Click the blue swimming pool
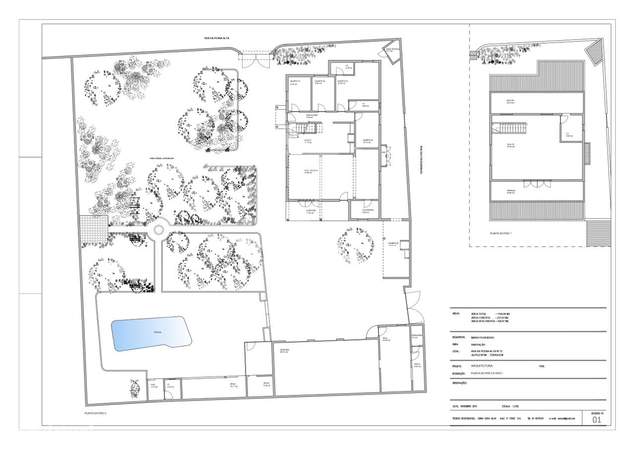pyautogui.click(x=151, y=333)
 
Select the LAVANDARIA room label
pyautogui.click(x=364, y=210)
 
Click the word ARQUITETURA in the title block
pyautogui.click(x=482, y=366)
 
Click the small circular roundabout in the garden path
pyautogui.click(x=159, y=230)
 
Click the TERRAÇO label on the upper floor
pyautogui.click(x=511, y=191)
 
